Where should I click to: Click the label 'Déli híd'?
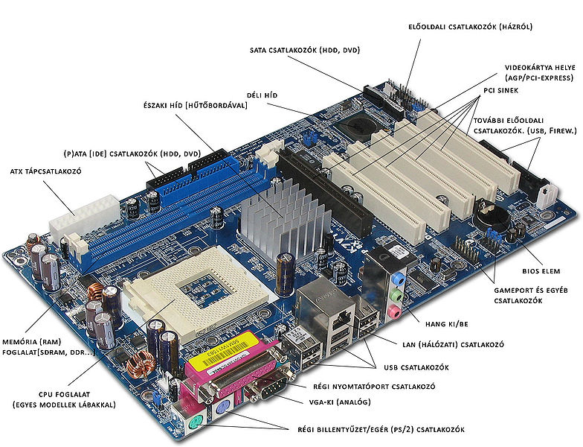pyautogui.click(x=262, y=95)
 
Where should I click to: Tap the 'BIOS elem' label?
pyautogui.click(x=541, y=271)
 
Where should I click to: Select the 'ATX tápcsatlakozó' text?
pyautogui.click(x=45, y=171)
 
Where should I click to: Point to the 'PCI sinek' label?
pyautogui.click(x=501, y=91)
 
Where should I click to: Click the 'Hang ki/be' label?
pyautogui.click(x=446, y=324)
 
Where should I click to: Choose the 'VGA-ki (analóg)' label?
pyautogui.click(x=340, y=402)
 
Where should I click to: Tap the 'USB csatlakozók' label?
pyautogui.click(x=416, y=368)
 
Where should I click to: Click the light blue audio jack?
pyautogui.click(x=399, y=279)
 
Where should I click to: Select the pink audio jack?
pyautogui.click(x=394, y=311)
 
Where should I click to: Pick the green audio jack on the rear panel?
pyautogui.click(x=396, y=295)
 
